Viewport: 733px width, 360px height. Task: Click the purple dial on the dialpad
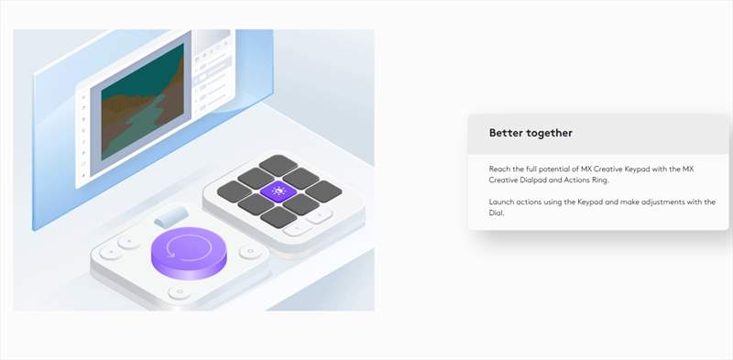pos(189,252)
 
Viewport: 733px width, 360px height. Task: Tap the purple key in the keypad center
pos(279,191)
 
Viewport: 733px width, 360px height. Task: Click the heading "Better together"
pos(531,133)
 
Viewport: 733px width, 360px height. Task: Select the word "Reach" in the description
pos(499,169)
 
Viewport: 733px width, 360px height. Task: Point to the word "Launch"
pos(501,202)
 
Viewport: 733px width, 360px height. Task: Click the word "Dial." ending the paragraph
pos(497,213)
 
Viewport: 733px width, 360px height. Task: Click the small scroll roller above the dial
pos(171,216)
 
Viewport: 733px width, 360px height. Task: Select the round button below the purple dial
pos(179,293)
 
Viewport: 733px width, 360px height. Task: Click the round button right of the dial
pos(250,253)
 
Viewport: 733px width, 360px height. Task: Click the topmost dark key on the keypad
pos(279,165)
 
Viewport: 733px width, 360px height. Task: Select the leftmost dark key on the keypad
pos(235,191)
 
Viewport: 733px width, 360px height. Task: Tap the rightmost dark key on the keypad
pos(323,191)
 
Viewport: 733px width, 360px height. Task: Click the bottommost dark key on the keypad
pos(279,217)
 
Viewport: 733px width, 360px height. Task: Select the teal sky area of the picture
pos(140,71)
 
